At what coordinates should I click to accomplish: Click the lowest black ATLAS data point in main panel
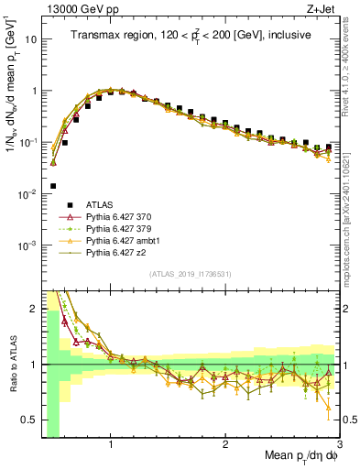point(53,186)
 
